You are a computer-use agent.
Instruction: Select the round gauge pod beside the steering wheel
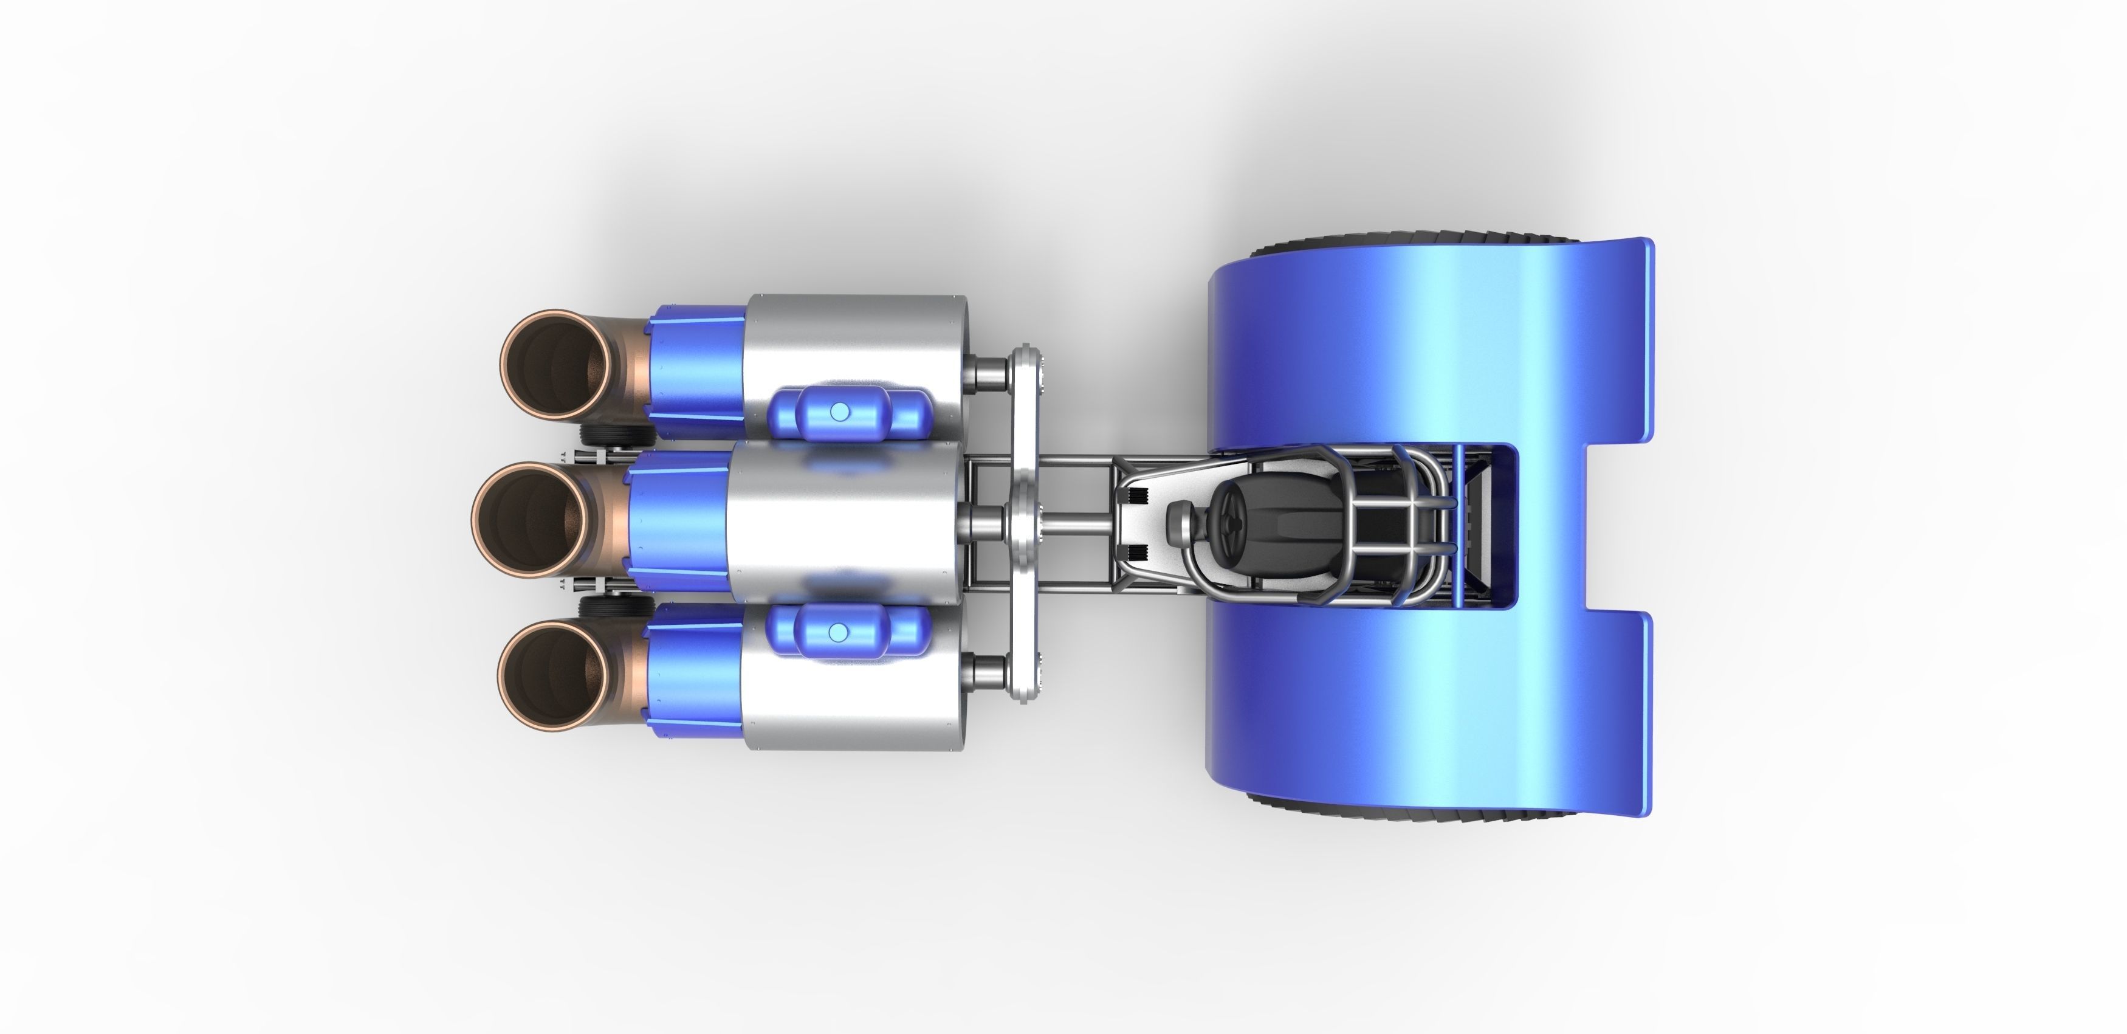coord(1178,523)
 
